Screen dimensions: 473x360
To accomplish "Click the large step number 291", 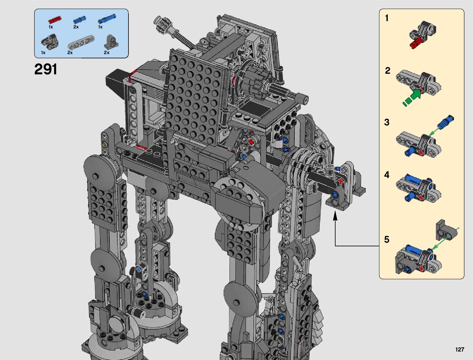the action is pyautogui.click(x=46, y=69).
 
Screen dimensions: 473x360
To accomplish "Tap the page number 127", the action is pyautogui.click(x=460, y=349).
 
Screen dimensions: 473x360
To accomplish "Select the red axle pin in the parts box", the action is pyautogui.click(x=55, y=20).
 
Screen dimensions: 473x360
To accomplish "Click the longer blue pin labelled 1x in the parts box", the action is pyautogui.click(x=107, y=18).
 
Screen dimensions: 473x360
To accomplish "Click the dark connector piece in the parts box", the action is pyautogui.click(x=50, y=40).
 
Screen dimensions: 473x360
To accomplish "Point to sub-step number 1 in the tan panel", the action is pyautogui.click(x=387, y=18).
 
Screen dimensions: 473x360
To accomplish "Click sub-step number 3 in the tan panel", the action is pyautogui.click(x=387, y=122).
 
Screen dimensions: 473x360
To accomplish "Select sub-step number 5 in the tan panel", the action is pyautogui.click(x=387, y=240).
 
